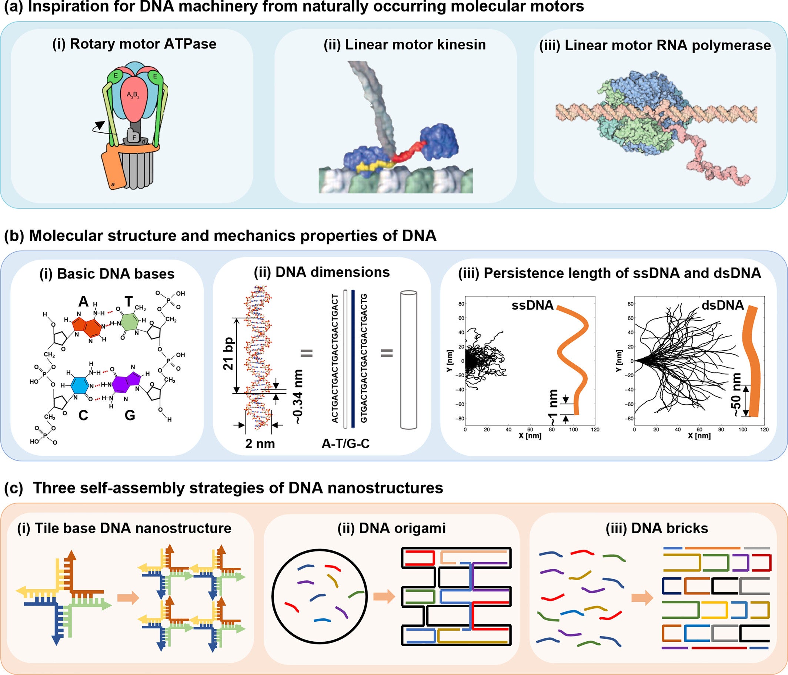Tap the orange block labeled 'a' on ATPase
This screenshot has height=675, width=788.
click(x=113, y=169)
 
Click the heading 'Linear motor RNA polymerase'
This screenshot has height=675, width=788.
click(x=655, y=45)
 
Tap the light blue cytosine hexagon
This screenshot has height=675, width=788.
click(x=80, y=385)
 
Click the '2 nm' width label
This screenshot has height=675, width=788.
click(x=260, y=443)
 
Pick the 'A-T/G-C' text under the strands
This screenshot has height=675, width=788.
click(x=345, y=443)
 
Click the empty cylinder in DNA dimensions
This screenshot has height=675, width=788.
click(x=408, y=360)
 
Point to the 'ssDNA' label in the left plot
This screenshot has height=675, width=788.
click(x=532, y=305)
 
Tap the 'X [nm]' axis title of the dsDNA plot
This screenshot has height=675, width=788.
click(x=699, y=436)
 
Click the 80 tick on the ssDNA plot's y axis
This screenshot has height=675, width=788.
click(x=461, y=304)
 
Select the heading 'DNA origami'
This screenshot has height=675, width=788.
click(x=391, y=529)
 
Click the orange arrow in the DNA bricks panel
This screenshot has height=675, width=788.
click(x=642, y=598)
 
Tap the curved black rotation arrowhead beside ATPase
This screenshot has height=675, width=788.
click(x=100, y=125)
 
